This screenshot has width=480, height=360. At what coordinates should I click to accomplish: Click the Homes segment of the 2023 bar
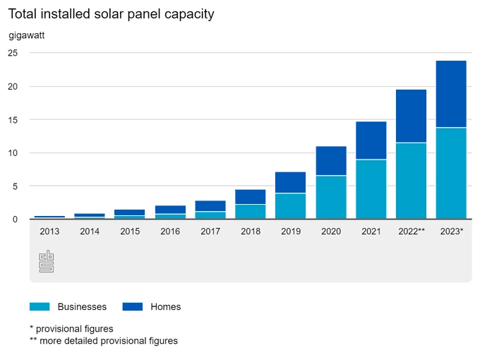coord(451,94)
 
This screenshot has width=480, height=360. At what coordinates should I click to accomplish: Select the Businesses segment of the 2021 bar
coord(371,189)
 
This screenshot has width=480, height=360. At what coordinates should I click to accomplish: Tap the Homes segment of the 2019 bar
coord(290,182)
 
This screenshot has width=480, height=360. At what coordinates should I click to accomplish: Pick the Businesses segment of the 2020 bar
coord(330,197)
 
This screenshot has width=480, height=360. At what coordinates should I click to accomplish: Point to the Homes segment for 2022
coord(411,116)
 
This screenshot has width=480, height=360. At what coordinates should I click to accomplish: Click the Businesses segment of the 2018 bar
coord(250,212)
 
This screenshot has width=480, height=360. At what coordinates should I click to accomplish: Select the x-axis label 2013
coord(49,231)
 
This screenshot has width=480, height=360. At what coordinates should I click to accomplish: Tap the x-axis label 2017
coord(210,231)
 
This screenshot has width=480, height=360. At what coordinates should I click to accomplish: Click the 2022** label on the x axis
coord(411,231)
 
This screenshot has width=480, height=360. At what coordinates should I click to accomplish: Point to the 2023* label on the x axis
coord(451,231)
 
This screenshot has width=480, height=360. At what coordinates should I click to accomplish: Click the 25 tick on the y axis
coord(13,53)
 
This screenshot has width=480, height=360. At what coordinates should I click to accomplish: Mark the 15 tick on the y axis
coord(13,120)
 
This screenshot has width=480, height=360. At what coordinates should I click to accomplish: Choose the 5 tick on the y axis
coord(15,186)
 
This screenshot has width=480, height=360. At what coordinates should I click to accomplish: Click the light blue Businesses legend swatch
coord(40,306)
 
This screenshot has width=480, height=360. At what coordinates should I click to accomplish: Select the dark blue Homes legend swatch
coord(133,306)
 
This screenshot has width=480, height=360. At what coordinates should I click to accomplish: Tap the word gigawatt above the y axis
coord(27,35)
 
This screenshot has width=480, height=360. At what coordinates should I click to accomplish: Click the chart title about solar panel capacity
coord(111,14)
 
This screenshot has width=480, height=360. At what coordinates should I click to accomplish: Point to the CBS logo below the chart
coord(47,261)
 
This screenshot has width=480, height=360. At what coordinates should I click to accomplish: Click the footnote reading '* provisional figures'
coord(71,328)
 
